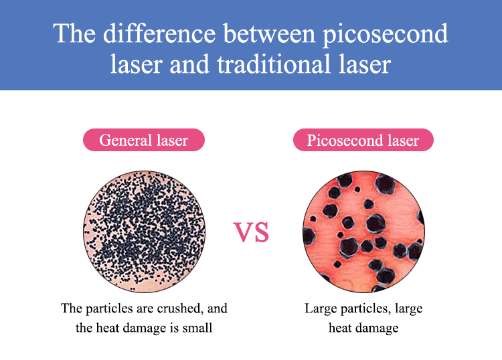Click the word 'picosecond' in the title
coord(385,34)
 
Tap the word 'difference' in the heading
coord(159,33)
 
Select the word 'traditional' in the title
coord(273,64)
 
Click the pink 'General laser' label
coord(144,140)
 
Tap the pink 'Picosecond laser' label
coord(363,140)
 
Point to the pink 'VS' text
coord(251,232)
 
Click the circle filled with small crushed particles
coord(144,232)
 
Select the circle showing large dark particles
coord(363,232)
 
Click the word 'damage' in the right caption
coord(381,329)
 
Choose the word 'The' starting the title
coord(74,33)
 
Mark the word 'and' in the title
coord(189,64)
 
